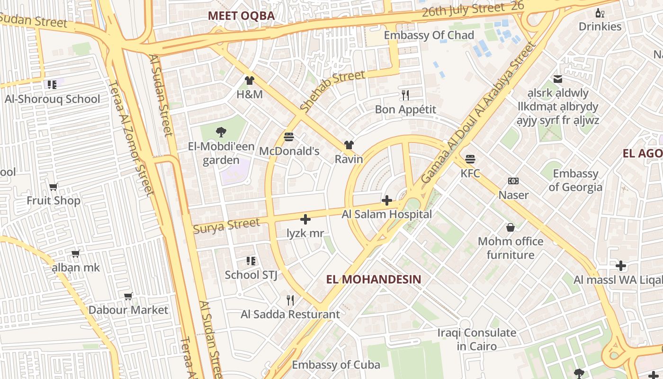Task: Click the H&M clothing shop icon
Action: [x=250, y=80]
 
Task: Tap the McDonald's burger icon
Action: [x=289, y=137]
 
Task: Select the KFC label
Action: [x=470, y=173]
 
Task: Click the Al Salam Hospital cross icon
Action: [x=387, y=200]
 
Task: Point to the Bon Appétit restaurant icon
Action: [x=405, y=95]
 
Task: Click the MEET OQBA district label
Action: [x=241, y=16]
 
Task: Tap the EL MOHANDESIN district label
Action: [x=374, y=279]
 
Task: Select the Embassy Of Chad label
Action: [x=429, y=35]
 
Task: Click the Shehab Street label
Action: [x=332, y=91]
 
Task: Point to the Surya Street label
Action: [x=226, y=226]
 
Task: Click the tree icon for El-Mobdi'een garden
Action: [x=221, y=132]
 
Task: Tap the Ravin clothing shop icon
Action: [x=349, y=145]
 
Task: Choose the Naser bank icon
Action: [x=513, y=181]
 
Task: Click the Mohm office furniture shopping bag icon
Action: [x=510, y=227]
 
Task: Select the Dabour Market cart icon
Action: [x=128, y=296]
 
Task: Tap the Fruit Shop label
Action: [x=54, y=200]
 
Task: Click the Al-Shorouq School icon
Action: [x=52, y=85]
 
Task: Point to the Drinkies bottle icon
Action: [x=600, y=13]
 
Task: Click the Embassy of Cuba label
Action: [x=336, y=365]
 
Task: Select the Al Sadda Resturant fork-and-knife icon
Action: [x=290, y=300]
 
